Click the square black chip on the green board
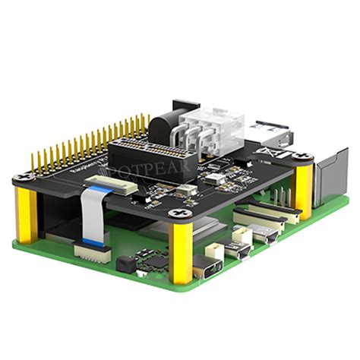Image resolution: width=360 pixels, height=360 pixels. point(157,263)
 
